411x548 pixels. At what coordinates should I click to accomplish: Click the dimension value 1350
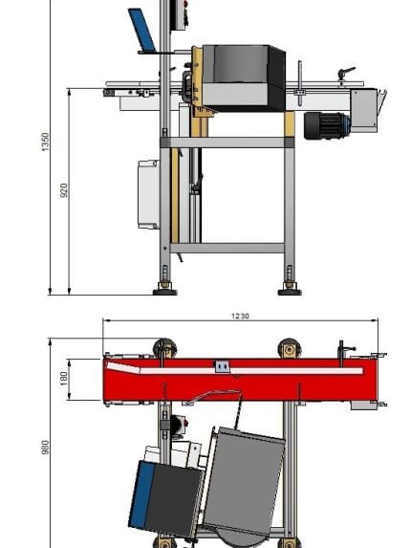pyautogui.click(x=45, y=142)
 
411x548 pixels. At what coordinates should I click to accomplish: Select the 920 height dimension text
pyautogui.click(x=63, y=190)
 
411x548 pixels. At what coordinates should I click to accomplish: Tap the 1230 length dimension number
pyautogui.click(x=240, y=316)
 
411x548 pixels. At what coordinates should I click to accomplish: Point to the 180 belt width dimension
pyautogui.click(x=63, y=379)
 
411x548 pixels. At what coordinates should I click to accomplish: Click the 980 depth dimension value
pyautogui.click(x=45, y=448)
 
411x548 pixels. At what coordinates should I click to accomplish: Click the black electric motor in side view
pyautogui.click(x=327, y=126)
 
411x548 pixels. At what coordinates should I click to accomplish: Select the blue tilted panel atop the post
pyautogui.click(x=141, y=30)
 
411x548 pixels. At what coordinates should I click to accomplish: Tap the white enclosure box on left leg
pyautogui.click(x=149, y=194)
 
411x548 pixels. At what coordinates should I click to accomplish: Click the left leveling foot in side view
pyautogui.click(x=165, y=290)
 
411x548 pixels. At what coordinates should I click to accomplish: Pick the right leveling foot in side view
pyautogui.click(x=290, y=290)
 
